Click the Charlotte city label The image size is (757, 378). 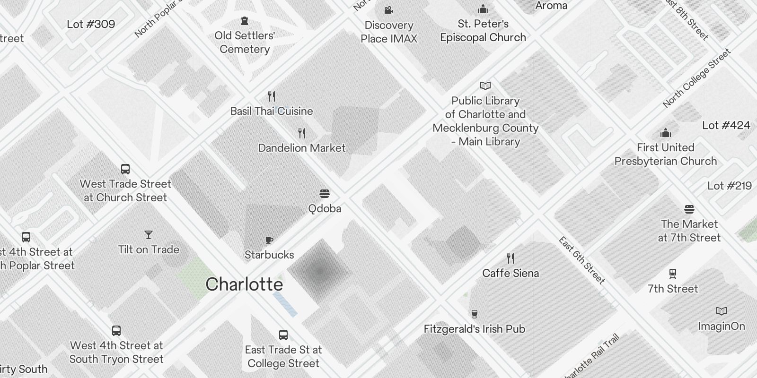[x=244, y=284]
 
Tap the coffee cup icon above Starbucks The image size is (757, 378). [x=269, y=240]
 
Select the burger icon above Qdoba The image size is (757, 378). [x=325, y=194]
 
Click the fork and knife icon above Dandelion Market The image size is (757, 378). [x=302, y=133]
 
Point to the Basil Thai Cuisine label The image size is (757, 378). [x=272, y=111]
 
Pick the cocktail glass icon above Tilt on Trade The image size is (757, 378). [x=149, y=235]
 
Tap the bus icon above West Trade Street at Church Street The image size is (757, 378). [x=125, y=169]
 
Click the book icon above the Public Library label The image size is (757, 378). [x=485, y=86]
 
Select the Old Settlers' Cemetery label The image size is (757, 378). [x=245, y=42]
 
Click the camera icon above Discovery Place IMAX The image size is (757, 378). [x=388, y=10]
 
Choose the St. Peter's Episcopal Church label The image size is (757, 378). [x=483, y=30]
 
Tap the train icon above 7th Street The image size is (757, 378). [x=672, y=274]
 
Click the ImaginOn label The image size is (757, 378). [x=721, y=326]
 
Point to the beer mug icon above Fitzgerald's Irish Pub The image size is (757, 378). [x=474, y=314]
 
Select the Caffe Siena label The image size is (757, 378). [x=511, y=273]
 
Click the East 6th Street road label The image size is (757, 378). [x=581, y=260]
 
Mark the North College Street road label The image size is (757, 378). [x=696, y=78]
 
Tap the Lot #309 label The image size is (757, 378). [x=91, y=24]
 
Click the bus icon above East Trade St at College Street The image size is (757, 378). [x=283, y=335]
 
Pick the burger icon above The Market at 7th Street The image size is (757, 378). [x=689, y=209]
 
